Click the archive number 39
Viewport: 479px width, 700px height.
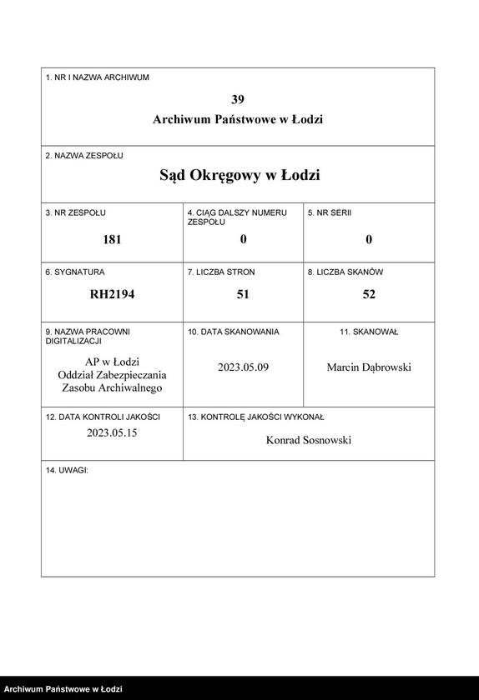[238, 98]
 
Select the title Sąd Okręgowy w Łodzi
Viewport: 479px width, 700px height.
[239, 176]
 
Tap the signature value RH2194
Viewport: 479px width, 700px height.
[112, 294]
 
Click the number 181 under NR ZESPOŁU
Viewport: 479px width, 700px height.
[112, 239]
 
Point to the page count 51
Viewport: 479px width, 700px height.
[243, 294]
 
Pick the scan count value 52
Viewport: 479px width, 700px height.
[369, 294]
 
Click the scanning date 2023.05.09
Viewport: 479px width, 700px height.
[244, 367]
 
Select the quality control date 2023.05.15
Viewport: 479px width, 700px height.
[112, 432]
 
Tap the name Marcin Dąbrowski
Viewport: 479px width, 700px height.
[369, 367]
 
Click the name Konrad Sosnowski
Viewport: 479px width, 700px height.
[308, 440]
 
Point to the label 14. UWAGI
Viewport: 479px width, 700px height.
[67, 471]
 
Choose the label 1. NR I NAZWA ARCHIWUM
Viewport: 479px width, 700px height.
[97, 77]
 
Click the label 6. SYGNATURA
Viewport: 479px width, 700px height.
[75, 272]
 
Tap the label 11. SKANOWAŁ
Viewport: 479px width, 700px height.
[369, 332]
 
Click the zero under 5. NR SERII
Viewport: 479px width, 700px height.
[369, 239]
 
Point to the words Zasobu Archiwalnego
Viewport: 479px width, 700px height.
[112, 387]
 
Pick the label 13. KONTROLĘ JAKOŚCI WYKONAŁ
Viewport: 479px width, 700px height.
[256, 417]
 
